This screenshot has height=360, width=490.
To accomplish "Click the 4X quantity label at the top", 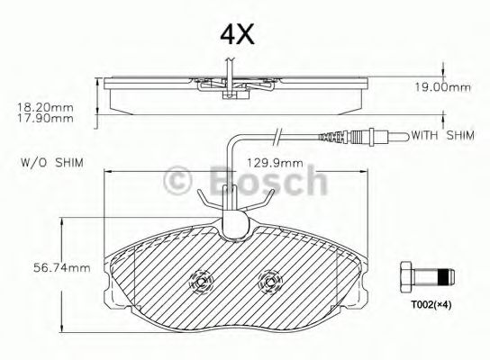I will tap(238, 34).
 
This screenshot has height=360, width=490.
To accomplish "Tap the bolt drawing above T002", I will tap(427, 274).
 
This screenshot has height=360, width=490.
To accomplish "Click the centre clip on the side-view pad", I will tap(231, 85).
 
